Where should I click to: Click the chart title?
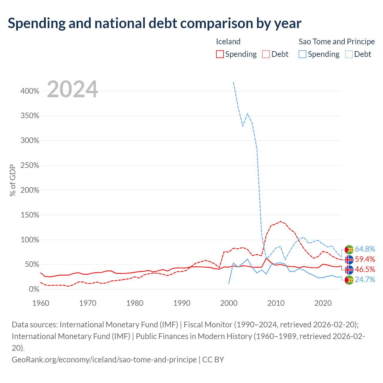[x=154, y=23]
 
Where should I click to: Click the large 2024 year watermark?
[x=72, y=89]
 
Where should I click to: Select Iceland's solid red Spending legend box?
[x=220, y=54]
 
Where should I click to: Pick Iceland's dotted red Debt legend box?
[x=266, y=54]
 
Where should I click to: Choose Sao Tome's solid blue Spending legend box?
[x=302, y=54]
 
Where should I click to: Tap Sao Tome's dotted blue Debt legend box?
[x=348, y=54]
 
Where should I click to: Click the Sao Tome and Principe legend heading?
[x=337, y=42]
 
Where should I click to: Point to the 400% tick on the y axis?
[x=30, y=91]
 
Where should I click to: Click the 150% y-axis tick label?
[x=30, y=215]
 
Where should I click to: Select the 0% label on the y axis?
[x=34, y=289]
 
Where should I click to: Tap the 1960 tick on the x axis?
[x=41, y=303]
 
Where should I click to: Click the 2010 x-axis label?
[x=276, y=303]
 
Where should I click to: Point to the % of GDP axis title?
[x=13, y=180]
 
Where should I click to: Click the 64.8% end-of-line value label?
[x=365, y=249]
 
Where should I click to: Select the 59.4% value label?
[x=365, y=259]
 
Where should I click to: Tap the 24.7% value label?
[x=365, y=280]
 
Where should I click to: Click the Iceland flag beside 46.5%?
[x=349, y=270]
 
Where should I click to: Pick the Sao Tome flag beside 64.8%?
[x=349, y=250]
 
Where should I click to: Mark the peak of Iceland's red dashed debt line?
[x=280, y=221]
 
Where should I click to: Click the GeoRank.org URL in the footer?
[x=104, y=360]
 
